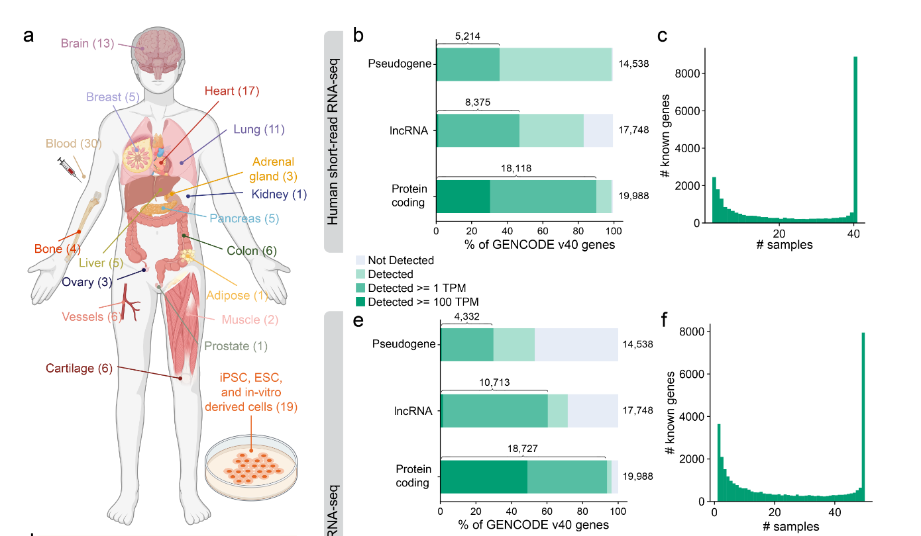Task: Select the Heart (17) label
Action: pos(231,91)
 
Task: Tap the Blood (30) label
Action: pos(73,144)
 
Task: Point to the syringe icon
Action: pos(70,169)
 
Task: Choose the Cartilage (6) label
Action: pos(79,368)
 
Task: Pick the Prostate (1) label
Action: pos(236,345)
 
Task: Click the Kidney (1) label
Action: pos(280,195)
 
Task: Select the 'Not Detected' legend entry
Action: pos(400,260)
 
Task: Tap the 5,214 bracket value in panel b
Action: pos(467,36)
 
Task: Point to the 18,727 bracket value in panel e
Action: pos(522,448)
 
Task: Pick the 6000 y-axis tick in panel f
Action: pos(685,374)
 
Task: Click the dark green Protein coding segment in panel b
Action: pos(463,196)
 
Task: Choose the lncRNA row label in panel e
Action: pos(414,411)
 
